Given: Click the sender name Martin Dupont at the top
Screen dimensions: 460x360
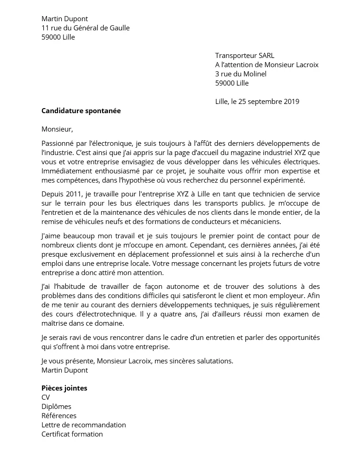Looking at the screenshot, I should [x=64, y=19].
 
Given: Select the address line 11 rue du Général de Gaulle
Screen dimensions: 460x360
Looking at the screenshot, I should [x=85, y=28].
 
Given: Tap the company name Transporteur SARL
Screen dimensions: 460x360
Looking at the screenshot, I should [x=244, y=56].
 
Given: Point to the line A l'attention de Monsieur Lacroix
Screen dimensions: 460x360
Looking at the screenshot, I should [x=267, y=65].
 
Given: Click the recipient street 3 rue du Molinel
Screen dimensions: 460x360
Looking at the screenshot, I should [x=241, y=74].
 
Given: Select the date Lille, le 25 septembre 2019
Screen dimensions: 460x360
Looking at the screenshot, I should [x=257, y=102].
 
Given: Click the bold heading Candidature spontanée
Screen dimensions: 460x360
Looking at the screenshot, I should [x=81, y=111].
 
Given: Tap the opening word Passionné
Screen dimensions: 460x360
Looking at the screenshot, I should [x=58, y=144].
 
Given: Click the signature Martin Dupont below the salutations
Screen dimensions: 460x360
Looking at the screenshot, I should [x=64, y=370].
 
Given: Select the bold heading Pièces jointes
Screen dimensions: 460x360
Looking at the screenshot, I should [x=64, y=388].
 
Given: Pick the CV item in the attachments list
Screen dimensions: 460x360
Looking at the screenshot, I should [x=46, y=397].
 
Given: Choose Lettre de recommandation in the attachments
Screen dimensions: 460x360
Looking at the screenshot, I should [x=83, y=425].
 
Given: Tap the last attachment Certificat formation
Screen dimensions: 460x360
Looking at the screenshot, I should [x=72, y=434].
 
